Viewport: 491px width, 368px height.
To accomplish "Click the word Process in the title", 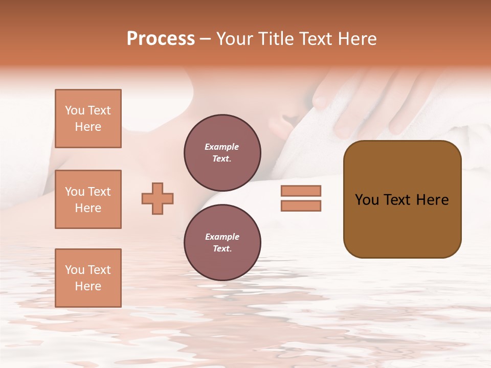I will [x=161, y=39].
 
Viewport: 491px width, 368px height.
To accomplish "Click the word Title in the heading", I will [x=275, y=39].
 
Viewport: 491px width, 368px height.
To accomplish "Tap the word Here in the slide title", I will [x=355, y=39].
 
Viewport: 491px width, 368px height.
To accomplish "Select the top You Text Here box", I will [x=88, y=119].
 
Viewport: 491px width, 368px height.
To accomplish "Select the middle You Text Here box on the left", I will [x=88, y=199].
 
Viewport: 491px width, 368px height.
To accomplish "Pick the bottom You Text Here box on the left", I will [x=88, y=278].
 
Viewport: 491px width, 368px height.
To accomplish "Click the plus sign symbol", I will [x=158, y=198].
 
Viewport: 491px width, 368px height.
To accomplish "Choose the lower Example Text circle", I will [x=222, y=243].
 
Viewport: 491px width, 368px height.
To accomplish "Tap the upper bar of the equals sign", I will [x=301, y=191].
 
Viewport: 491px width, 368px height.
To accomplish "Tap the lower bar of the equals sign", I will [x=301, y=206].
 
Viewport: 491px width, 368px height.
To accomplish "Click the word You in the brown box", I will [x=367, y=200].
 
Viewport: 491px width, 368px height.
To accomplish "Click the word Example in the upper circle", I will [x=222, y=147].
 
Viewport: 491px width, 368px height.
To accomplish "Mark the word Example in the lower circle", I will [x=222, y=237].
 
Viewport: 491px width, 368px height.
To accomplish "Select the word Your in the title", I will [x=235, y=39].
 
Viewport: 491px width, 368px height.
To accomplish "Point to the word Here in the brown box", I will [x=432, y=200].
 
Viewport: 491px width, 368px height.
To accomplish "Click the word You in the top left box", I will [x=74, y=110].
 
